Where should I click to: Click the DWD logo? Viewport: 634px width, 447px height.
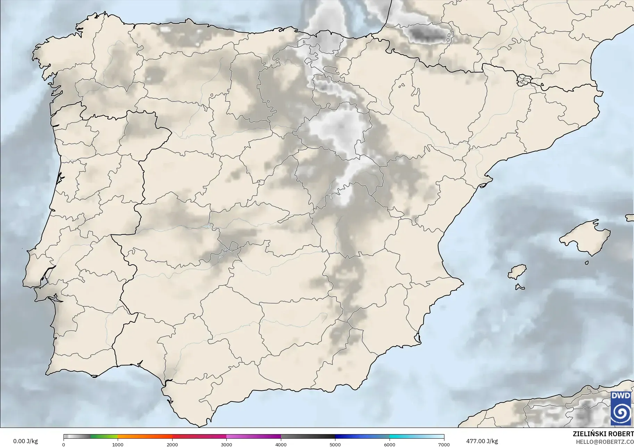[621, 408]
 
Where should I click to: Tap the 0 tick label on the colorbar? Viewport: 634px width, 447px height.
[64, 445]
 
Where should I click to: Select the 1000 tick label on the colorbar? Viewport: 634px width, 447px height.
[118, 445]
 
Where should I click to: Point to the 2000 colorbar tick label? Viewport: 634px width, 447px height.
[172, 445]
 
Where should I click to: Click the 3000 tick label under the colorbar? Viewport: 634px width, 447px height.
[226, 445]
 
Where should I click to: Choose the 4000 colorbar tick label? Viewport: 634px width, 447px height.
[281, 445]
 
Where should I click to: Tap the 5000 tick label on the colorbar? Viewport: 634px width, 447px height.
[335, 445]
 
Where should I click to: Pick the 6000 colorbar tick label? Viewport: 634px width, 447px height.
[390, 445]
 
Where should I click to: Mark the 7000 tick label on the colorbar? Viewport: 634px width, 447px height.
[444, 445]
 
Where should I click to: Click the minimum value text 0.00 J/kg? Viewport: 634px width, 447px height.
[25, 441]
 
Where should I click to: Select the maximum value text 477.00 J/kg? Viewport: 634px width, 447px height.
[482, 441]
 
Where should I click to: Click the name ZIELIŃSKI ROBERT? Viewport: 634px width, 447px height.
[603, 434]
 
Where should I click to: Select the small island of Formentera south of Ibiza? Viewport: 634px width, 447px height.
[520, 287]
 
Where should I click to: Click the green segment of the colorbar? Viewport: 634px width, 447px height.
[104, 437]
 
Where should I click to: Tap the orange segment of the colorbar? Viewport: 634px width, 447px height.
[145, 437]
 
